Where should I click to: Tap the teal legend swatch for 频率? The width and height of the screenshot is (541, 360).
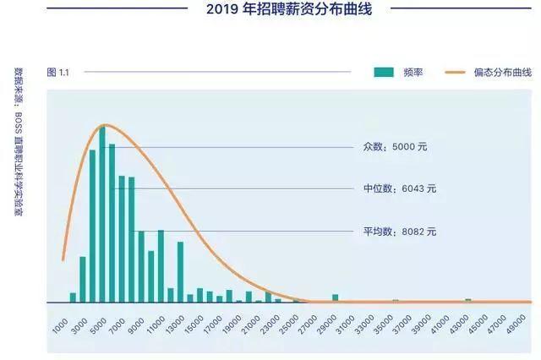pyautogui.click(x=385, y=73)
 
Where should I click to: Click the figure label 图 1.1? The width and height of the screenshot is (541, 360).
pyautogui.click(x=58, y=73)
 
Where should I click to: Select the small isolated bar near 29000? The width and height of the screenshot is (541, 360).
pyautogui.click(x=336, y=297)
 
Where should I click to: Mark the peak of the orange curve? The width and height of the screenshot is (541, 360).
pyautogui.click(x=103, y=124)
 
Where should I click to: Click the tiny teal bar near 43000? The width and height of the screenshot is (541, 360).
pyautogui.click(x=467, y=300)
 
